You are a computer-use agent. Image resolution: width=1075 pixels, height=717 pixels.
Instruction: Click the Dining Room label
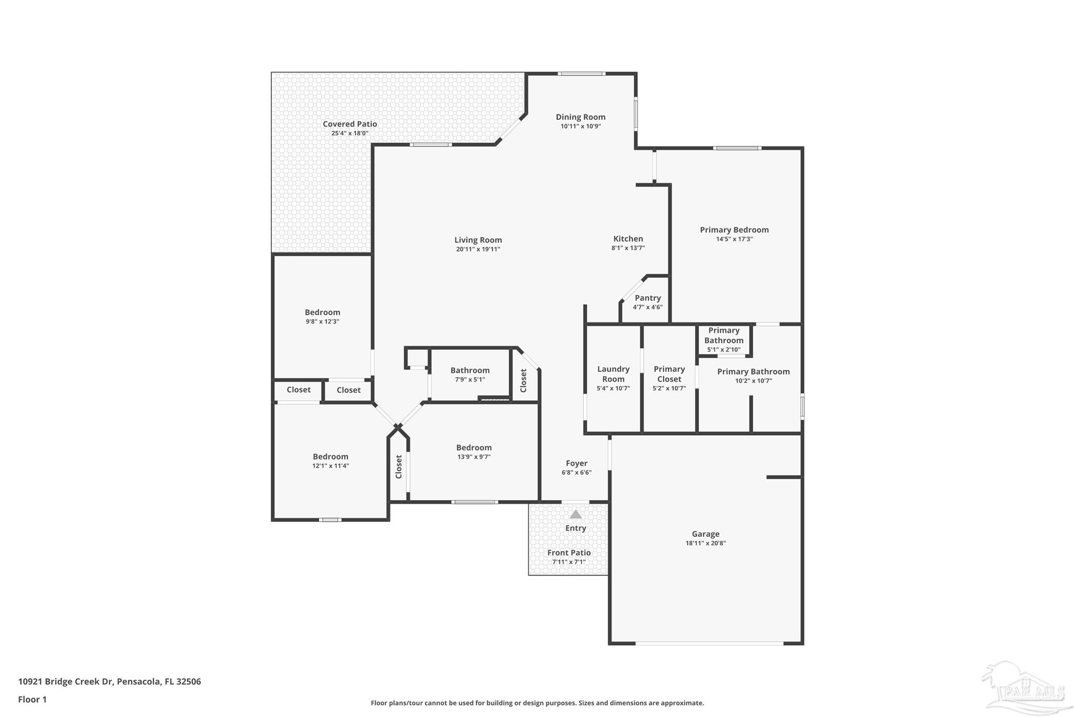581,117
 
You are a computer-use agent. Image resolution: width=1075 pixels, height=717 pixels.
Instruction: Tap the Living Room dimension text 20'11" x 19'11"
478,250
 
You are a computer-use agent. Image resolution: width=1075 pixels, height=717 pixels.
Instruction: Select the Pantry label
648,298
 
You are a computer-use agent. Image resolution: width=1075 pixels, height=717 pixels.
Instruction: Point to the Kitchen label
628,238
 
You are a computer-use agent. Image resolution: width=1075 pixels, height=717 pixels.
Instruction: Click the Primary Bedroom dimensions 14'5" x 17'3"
734,239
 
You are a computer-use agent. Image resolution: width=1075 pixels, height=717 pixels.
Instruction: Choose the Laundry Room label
614,374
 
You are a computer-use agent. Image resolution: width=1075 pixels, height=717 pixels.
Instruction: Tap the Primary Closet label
669,374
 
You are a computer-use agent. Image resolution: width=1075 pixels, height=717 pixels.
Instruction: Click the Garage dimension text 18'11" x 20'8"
705,543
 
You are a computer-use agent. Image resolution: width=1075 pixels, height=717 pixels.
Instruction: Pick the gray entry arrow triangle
576,514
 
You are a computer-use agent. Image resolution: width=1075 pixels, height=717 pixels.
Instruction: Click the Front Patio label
569,553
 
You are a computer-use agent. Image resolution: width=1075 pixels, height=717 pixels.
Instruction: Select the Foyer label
576,463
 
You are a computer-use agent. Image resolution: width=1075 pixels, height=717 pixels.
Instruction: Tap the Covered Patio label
350,124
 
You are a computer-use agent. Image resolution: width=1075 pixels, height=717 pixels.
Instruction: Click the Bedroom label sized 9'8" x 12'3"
322,313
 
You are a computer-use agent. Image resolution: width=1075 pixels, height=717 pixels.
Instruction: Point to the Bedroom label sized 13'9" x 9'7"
474,448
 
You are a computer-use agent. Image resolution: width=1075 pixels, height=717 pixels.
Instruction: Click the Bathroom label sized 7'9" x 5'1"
470,370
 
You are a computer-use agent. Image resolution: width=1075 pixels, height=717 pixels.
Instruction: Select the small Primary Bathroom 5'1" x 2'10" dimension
724,350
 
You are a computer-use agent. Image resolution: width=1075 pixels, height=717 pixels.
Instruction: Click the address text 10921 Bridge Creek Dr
66,682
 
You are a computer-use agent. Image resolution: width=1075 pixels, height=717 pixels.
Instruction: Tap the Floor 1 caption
33,700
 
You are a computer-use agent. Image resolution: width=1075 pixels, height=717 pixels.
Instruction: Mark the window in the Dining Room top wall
581,74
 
